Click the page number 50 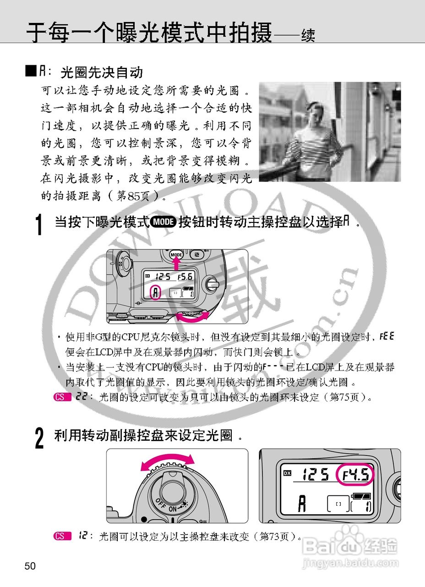[x=30, y=566]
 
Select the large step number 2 [x=40, y=438]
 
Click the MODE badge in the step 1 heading [x=164, y=222]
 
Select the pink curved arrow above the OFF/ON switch [x=167, y=461]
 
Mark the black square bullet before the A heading [x=31, y=71]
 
